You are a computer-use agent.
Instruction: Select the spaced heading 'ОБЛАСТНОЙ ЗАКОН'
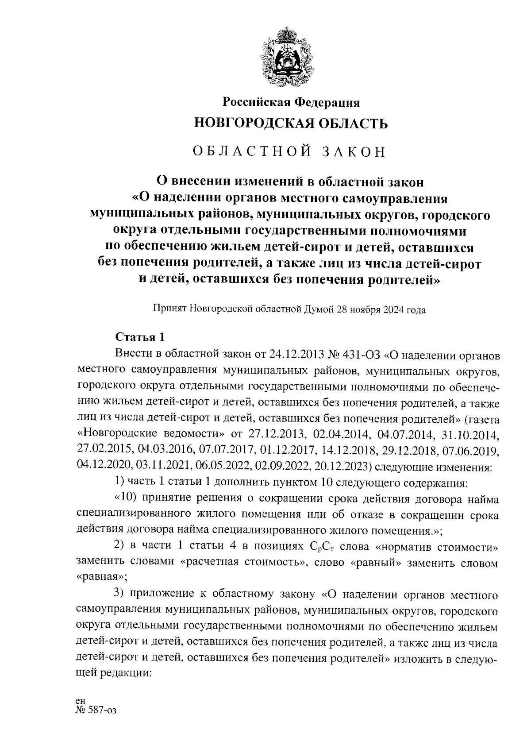pos(290,151)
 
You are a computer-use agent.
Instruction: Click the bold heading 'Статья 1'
pos(140,337)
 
